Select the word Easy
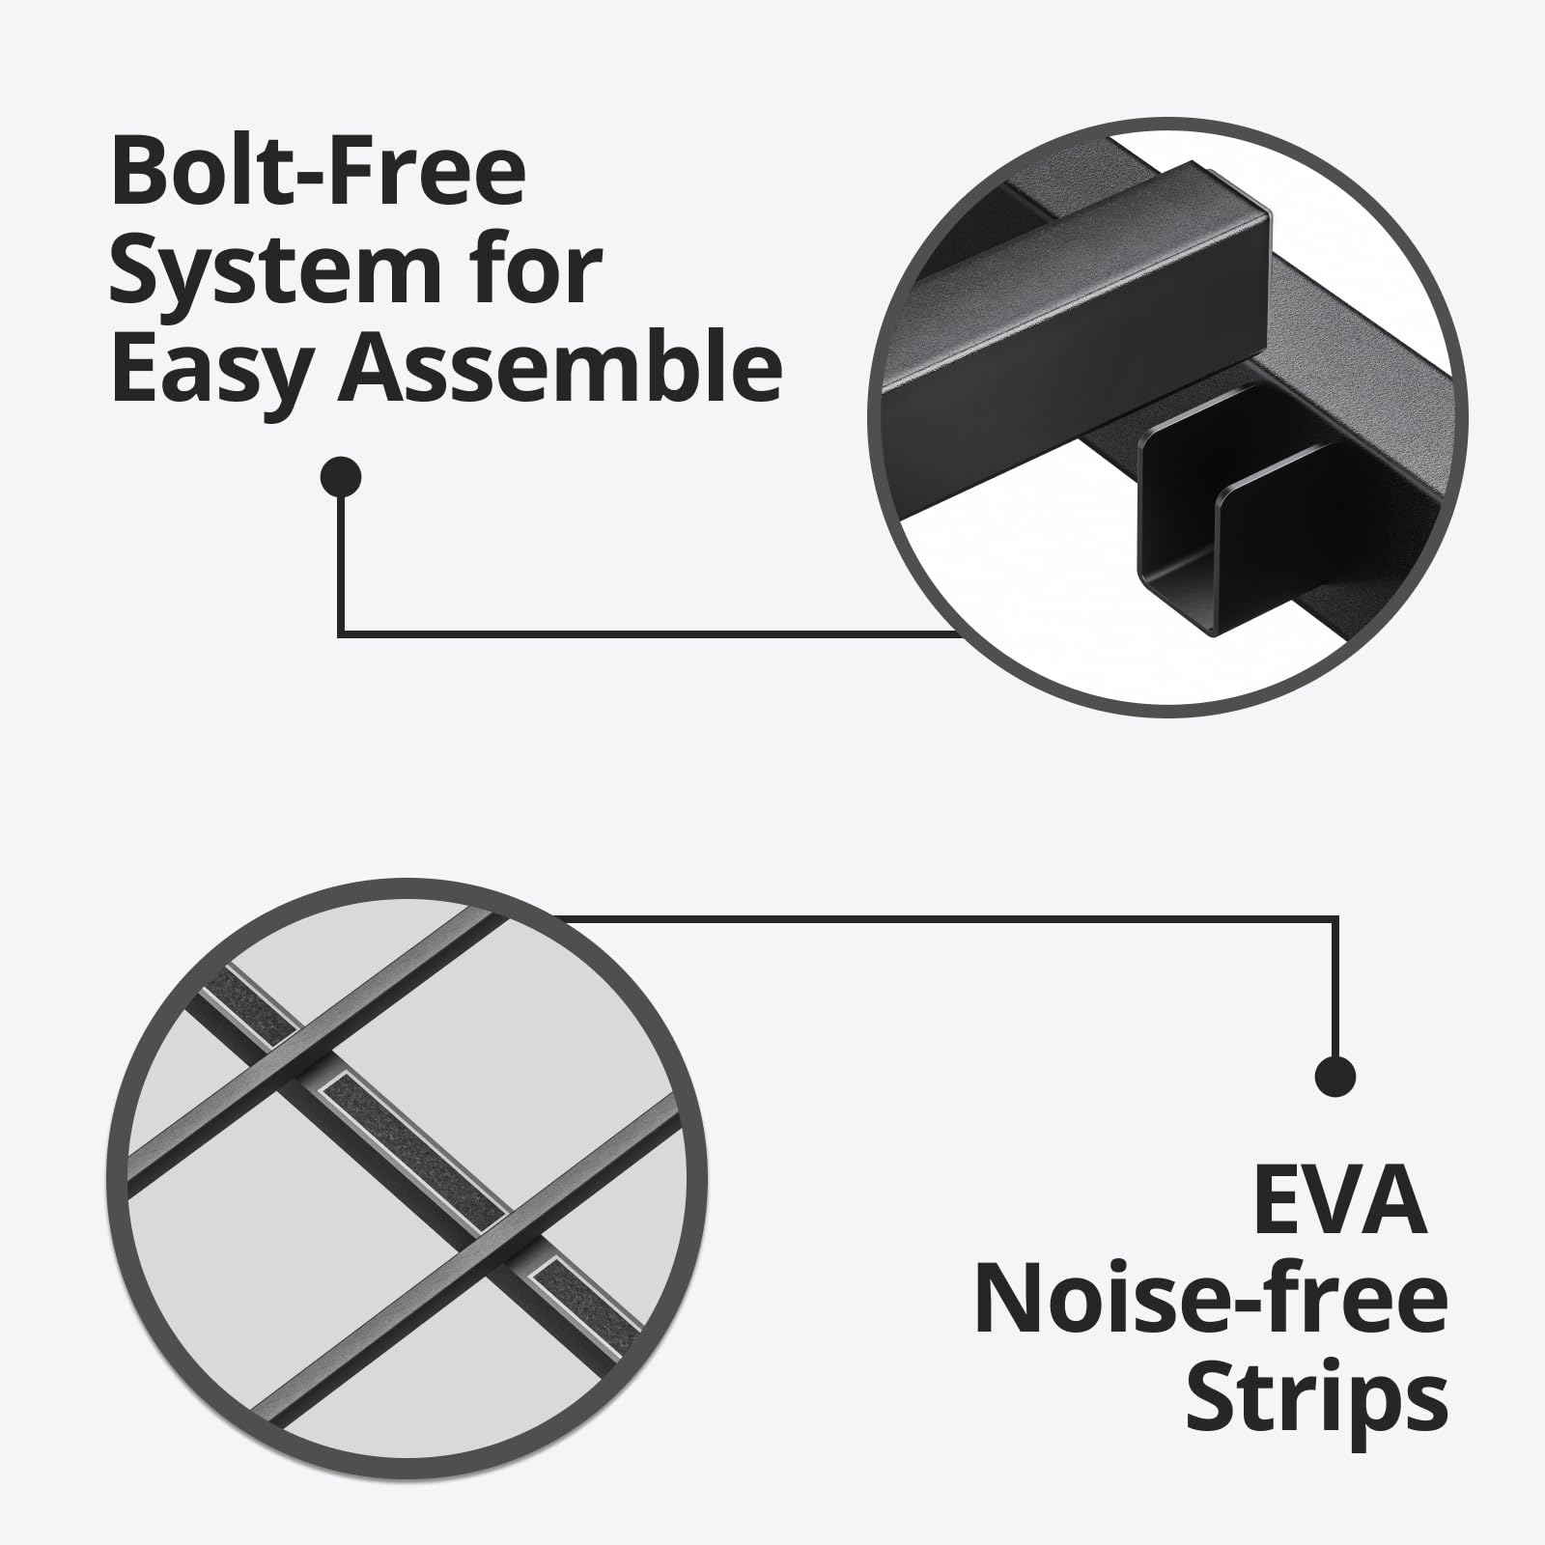coord(216,372)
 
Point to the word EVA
coord(1340,1202)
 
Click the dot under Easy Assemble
coord(340,476)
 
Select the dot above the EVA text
coord(1335,1075)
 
